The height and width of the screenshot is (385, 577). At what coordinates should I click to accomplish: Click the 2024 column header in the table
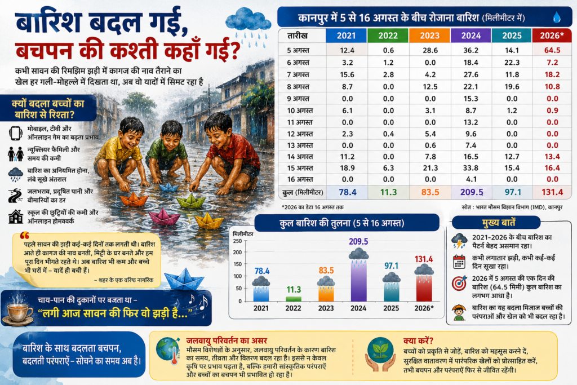(471, 36)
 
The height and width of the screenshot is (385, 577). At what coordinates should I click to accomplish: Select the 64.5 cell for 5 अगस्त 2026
(552, 50)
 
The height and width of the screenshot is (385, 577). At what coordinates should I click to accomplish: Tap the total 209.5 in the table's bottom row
(472, 192)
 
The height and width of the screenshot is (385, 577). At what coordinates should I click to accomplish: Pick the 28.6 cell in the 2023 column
(430, 50)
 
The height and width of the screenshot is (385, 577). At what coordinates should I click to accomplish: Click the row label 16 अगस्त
(300, 179)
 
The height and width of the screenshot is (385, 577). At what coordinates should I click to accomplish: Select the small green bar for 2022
(293, 299)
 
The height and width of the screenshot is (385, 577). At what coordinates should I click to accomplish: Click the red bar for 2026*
(424, 288)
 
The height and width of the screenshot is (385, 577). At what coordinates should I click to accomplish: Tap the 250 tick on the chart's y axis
(237, 241)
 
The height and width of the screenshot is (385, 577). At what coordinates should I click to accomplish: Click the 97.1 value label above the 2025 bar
(391, 265)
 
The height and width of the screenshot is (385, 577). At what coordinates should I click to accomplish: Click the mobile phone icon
(15, 133)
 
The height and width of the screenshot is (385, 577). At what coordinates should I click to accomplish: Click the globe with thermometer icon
(168, 351)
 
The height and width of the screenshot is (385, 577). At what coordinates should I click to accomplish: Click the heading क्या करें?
(418, 341)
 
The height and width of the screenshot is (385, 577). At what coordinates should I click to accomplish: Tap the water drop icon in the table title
(556, 17)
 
